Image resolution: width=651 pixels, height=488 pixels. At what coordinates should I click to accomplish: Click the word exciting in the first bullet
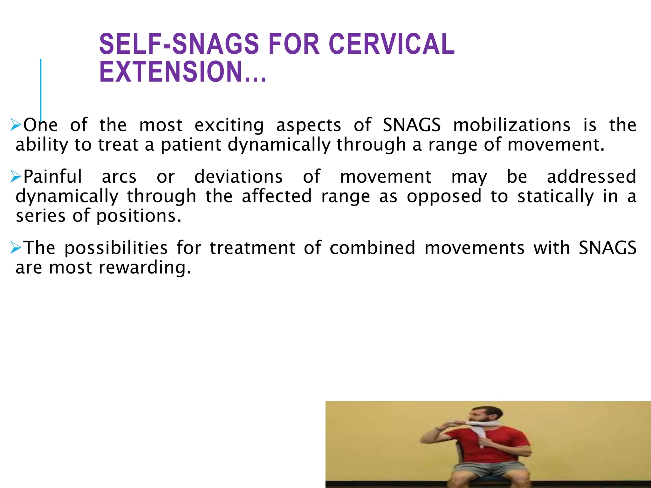(229, 125)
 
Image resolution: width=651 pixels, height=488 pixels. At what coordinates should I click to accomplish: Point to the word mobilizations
(511, 125)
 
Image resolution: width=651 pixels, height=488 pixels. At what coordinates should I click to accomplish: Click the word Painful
(53, 177)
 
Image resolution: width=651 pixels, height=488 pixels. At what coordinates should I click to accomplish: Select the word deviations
(238, 177)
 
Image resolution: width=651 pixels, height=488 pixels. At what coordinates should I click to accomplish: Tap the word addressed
(591, 177)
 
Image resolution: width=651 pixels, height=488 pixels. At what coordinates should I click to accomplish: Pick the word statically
(555, 196)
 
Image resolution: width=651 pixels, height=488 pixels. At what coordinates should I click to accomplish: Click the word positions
(139, 216)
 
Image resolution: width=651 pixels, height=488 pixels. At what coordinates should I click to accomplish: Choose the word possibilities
(116, 248)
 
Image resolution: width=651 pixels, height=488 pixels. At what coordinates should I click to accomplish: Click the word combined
(372, 248)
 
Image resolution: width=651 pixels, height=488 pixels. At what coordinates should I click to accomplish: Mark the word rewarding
(145, 268)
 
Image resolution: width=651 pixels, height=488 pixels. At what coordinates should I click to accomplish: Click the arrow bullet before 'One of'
(15, 125)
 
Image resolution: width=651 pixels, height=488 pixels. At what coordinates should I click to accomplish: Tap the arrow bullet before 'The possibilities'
(15, 247)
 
